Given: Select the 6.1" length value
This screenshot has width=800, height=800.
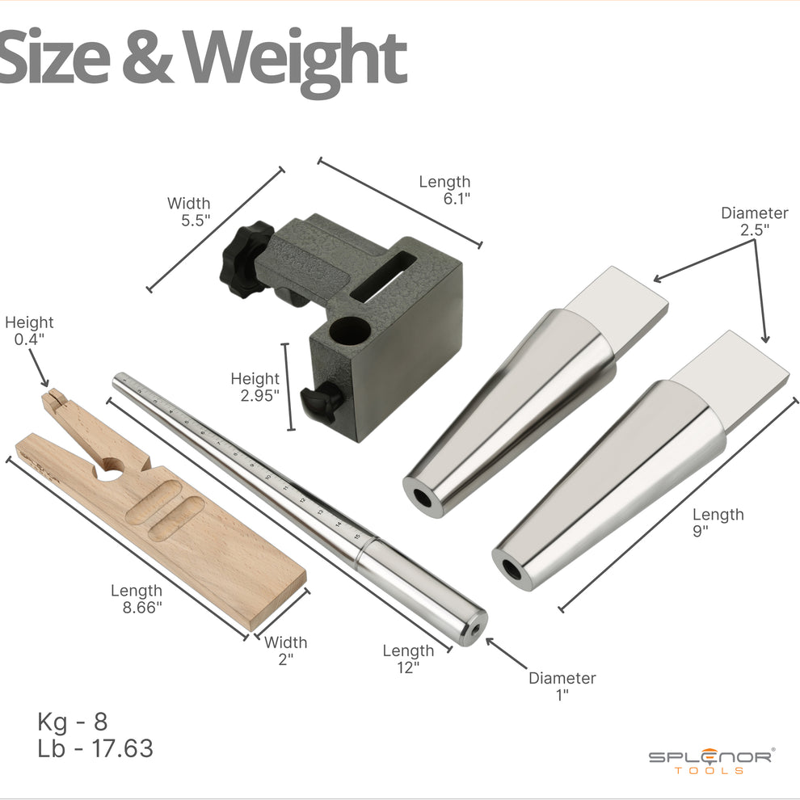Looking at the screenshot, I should click(457, 200).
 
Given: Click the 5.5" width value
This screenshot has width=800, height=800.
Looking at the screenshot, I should click(194, 220).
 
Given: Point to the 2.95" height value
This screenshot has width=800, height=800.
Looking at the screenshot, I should click(259, 395).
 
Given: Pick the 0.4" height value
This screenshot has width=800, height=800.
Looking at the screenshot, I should click(30, 339).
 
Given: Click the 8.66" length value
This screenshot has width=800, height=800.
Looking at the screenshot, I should click(142, 608).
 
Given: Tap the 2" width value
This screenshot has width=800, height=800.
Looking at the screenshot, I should click(285, 659).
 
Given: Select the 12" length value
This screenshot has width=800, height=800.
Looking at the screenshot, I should click(407, 667).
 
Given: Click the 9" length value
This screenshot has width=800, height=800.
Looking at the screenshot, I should click(700, 531).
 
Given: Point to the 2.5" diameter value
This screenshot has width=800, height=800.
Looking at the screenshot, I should click(755, 229).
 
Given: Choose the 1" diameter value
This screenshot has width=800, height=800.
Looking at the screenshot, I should click(562, 695).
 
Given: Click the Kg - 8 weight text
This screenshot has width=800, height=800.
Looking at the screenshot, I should click(72, 721).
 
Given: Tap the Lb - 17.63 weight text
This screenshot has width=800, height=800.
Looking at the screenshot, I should click(95, 748).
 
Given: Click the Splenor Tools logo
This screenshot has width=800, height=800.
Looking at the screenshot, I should click(710, 760).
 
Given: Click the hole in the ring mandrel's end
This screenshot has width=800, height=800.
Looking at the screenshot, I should click(477, 627).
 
